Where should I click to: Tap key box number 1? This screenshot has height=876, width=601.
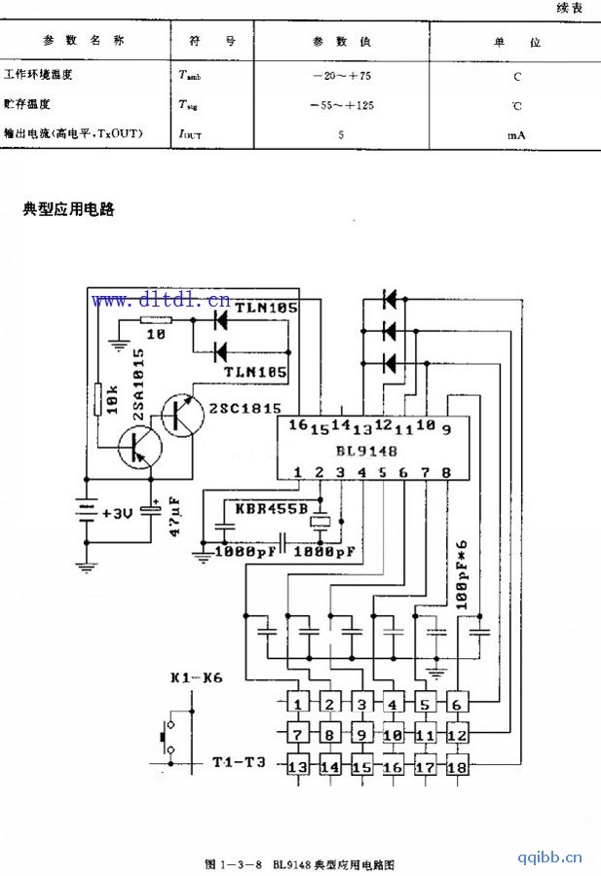pos(300,704)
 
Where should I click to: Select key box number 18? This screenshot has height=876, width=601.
pos(456,767)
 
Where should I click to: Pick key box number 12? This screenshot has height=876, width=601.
pos(456,735)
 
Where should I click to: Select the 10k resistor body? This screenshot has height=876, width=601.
pos(97,399)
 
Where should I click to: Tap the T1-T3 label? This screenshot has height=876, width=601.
pos(239,761)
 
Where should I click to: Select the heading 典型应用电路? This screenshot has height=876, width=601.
pos(68,208)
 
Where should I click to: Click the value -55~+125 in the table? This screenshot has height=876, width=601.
pos(341,104)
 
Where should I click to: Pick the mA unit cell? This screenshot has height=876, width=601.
pos(516,135)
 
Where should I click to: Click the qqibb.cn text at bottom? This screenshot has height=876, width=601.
pos(550,858)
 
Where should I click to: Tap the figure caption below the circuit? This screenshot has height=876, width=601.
pos(300,863)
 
